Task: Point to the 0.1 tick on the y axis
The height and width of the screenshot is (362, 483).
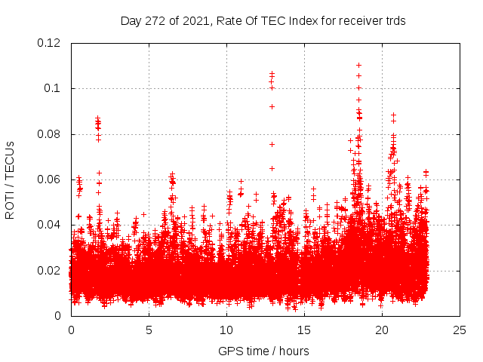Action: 55,88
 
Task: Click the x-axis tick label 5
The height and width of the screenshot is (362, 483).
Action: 149,330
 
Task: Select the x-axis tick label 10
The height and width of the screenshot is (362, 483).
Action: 226,330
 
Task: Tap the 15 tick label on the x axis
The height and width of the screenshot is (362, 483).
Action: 304,330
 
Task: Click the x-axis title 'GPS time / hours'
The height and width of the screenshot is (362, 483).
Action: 263,351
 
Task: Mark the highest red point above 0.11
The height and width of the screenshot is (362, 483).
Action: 358,65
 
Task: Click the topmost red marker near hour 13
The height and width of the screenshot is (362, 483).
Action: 272,73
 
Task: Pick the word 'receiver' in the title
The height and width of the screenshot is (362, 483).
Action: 357,21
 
